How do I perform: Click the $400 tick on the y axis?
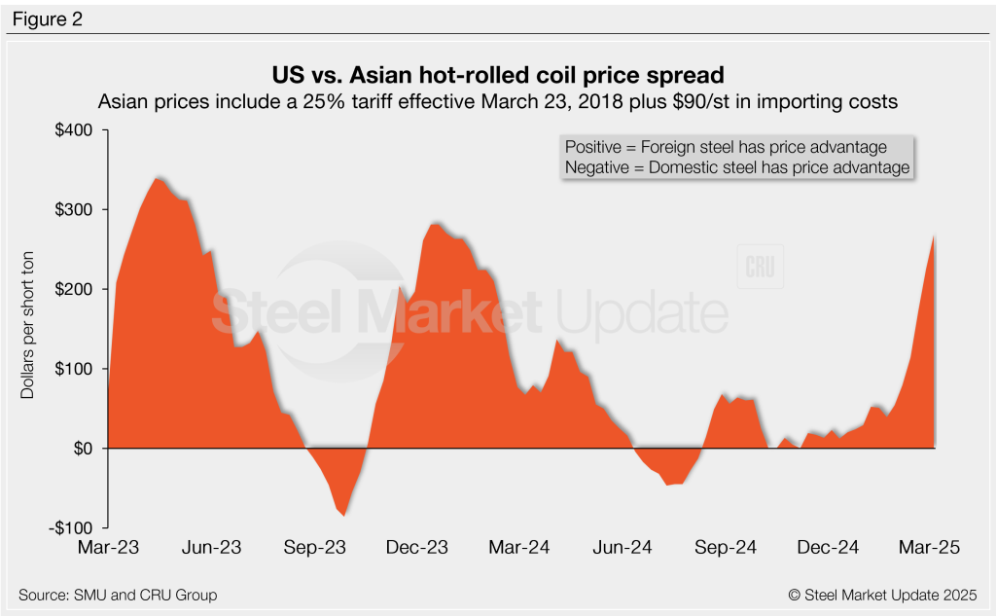[75, 130]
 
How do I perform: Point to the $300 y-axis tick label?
[75, 210]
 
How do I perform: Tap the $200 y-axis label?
[75, 289]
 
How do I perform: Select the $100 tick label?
[75, 369]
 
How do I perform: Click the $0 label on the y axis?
[83, 449]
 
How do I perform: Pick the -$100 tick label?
[73, 527]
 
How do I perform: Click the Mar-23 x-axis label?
[108, 548]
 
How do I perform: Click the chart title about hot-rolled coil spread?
[497, 74]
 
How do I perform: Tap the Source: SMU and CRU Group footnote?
[118, 595]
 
